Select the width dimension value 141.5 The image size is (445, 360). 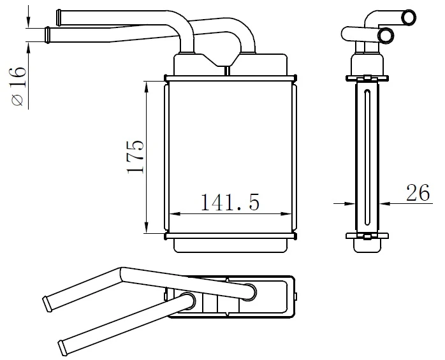click(x=231, y=202)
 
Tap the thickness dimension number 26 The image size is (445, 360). click(x=418, y=193)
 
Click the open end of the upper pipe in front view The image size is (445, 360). click(x=59, y=14)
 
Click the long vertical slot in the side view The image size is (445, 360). click(x=367, y=159)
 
